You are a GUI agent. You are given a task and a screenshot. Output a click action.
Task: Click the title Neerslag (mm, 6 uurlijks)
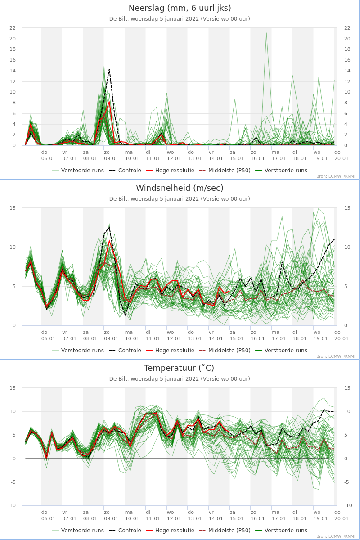[180, 8]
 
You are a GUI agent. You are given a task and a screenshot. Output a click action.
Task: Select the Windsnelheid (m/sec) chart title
[180, 188]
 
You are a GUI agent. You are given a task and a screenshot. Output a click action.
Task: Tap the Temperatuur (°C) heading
[179, 368]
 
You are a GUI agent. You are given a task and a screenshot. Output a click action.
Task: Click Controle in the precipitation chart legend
[125, 171]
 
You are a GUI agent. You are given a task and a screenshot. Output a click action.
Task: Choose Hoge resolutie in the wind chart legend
[170, 350]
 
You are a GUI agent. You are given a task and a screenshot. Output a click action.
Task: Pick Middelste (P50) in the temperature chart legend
[225, 531]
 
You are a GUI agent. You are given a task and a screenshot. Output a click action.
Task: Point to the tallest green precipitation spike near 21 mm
[266, 33]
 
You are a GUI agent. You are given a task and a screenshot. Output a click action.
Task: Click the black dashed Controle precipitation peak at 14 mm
[109, 69]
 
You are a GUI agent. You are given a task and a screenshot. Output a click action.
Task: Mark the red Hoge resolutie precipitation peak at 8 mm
[109, 102]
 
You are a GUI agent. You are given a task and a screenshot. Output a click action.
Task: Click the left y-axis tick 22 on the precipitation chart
[13, 28]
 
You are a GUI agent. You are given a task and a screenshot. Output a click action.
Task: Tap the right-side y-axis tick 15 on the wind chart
[347, 208]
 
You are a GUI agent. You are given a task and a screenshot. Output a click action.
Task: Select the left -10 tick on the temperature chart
[12, 505]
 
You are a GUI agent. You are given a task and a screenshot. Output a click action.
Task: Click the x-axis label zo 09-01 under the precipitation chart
[111, 156]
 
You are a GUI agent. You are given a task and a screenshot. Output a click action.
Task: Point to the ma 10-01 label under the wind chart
[132, 335]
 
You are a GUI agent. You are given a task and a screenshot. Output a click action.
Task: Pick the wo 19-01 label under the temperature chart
[320, 515]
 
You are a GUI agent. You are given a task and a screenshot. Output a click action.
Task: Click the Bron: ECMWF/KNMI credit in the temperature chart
[336, 536]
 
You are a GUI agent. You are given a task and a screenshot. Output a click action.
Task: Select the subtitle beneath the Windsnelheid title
[180, 198]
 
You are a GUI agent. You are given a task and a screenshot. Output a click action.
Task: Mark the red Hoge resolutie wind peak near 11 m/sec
[109, 240]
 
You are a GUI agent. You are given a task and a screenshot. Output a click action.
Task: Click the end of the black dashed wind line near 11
[334, 239]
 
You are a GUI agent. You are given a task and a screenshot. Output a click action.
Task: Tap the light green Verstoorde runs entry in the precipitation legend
[78, 171]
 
